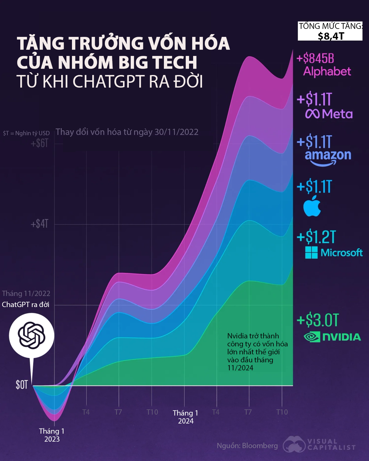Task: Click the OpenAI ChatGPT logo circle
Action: tap(32, 335)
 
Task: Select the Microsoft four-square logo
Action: tap(311, 253)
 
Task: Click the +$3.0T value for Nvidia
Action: tap(318, 320)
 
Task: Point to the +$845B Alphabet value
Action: tap(315, 58)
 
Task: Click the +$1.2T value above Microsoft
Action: tap(316, 237)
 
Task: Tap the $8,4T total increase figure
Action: tap(331, 36)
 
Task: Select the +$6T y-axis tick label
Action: tap(40, 143)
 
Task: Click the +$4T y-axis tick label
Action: tap(40, 224)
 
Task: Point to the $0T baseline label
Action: tap(22, 385)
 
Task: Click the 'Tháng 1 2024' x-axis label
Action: tap(185, 417)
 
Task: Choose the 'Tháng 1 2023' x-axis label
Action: tap(52, 435)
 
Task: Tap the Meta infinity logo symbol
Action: tap(313, 114)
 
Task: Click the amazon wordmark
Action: tap(328, 156)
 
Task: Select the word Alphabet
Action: tap(327, 72)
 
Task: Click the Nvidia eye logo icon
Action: tap(312, 337)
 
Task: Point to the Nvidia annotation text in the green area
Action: tap(257, 352)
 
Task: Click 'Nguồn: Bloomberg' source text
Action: tap(247, 446)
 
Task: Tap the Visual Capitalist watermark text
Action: tap(331, 445)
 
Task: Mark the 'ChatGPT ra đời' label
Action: tap(26, 305)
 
